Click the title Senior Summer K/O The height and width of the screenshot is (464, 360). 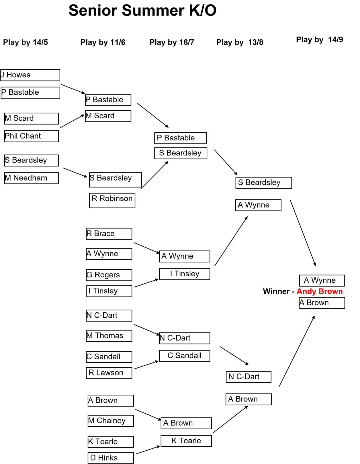pyautogui.click(x=142, y=11)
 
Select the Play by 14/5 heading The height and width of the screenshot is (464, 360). pyautogui.click(x=26, y=42)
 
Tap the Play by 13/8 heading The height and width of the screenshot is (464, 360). pyautogui.click(x=240, y=42)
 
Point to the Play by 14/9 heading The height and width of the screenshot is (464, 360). pyautogui.click(x=319, y=40)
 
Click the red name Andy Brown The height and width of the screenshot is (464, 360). pyautogui.click(x=320, y=291)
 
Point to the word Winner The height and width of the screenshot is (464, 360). pyautogui.click(x=276, y=291)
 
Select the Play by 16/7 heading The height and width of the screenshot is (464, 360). pyautogui.click(x=172, y=42)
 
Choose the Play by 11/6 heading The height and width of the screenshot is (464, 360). pyautogui.click(x=103, y=42)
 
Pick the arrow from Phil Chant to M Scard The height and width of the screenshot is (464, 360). pyautogui.click(x=72, y=121)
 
